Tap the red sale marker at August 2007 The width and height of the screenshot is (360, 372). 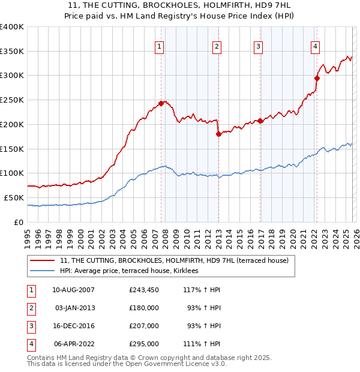161,103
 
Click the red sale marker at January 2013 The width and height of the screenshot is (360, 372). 218,134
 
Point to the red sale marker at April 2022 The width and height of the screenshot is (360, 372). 317,77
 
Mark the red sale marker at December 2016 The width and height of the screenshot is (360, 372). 260,121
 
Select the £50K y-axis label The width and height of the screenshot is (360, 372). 14,197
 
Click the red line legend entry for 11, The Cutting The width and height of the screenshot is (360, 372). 175,260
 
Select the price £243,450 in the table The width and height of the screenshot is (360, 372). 144,290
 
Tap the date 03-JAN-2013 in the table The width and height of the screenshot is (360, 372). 76,308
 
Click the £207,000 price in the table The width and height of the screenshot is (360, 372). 144,326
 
